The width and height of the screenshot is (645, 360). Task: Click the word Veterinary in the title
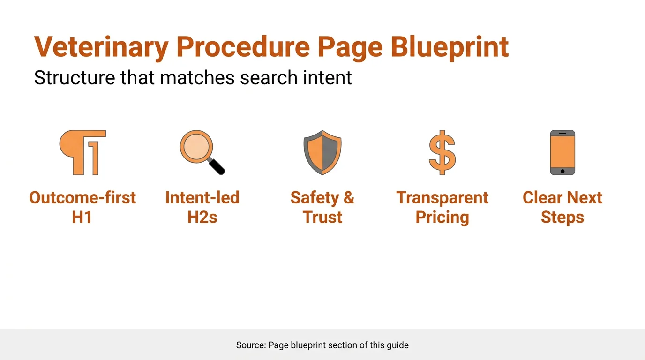tap(101, 47)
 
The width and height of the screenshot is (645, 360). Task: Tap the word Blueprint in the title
tap(450, 47)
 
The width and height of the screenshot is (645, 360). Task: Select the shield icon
tap(322, 152)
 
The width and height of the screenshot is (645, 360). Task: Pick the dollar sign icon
tap(442, 152)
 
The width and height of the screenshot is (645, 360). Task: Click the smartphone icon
tap(562, 152)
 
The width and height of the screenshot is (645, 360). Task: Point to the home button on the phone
tap(562, 171)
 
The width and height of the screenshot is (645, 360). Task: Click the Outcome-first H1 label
tap(82, 207)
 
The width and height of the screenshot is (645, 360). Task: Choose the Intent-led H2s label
tap(202, 207)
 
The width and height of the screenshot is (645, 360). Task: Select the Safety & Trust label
tap(322, 207)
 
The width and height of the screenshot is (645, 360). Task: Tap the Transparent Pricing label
tap(442, 207)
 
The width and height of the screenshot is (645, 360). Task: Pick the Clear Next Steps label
tap(562, 207)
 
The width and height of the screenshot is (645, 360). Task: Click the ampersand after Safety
tap(348, 198)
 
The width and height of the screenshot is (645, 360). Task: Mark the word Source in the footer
tap(250, 345)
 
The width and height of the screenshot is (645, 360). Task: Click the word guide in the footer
tap(397, 345)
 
